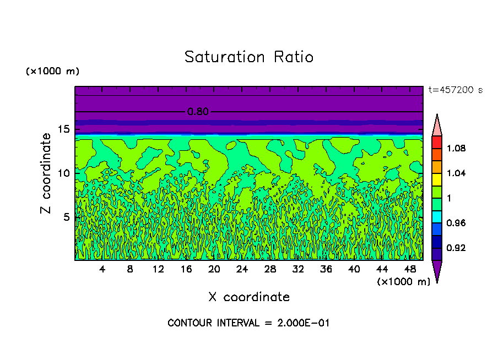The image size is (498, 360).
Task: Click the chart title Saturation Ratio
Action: point(248,57)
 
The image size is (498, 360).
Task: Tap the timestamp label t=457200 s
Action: point(455,90)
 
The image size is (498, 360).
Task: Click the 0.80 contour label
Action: point(198,112)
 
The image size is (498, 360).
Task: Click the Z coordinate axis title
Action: point(46,173)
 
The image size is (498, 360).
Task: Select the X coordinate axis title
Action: point(248,297)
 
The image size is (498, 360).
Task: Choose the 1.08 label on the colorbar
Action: point(456,148)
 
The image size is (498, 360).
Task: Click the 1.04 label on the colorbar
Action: point(456,173)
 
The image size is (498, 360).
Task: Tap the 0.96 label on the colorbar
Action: point(456,223)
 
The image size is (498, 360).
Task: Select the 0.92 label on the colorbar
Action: point(456,248)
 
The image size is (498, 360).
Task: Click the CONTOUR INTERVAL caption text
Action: point(248,323)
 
